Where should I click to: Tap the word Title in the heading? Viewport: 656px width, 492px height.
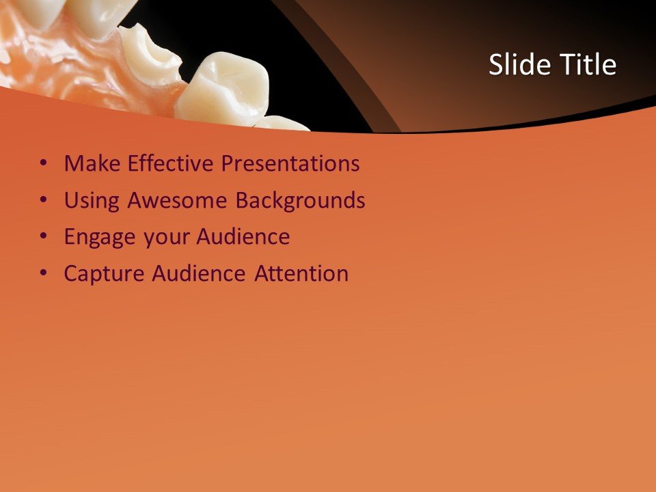pyautogui.click(x=588, y=65)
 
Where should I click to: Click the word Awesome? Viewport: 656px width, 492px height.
pyautogui.click(x=178, y=201)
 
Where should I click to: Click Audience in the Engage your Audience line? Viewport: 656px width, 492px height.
pyautogui.click(x=243, y=237)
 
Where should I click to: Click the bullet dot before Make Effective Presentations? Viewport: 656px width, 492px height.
pyautogui.click(x=44, y=164)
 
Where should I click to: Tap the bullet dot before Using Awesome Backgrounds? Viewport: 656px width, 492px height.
pyautogui.click(x=44, y=201)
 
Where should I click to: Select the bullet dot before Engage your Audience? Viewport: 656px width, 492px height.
pyautogui.click(x=44, y=237)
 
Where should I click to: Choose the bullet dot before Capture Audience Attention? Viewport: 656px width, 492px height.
pyautogui.click(x=44, y=274)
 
